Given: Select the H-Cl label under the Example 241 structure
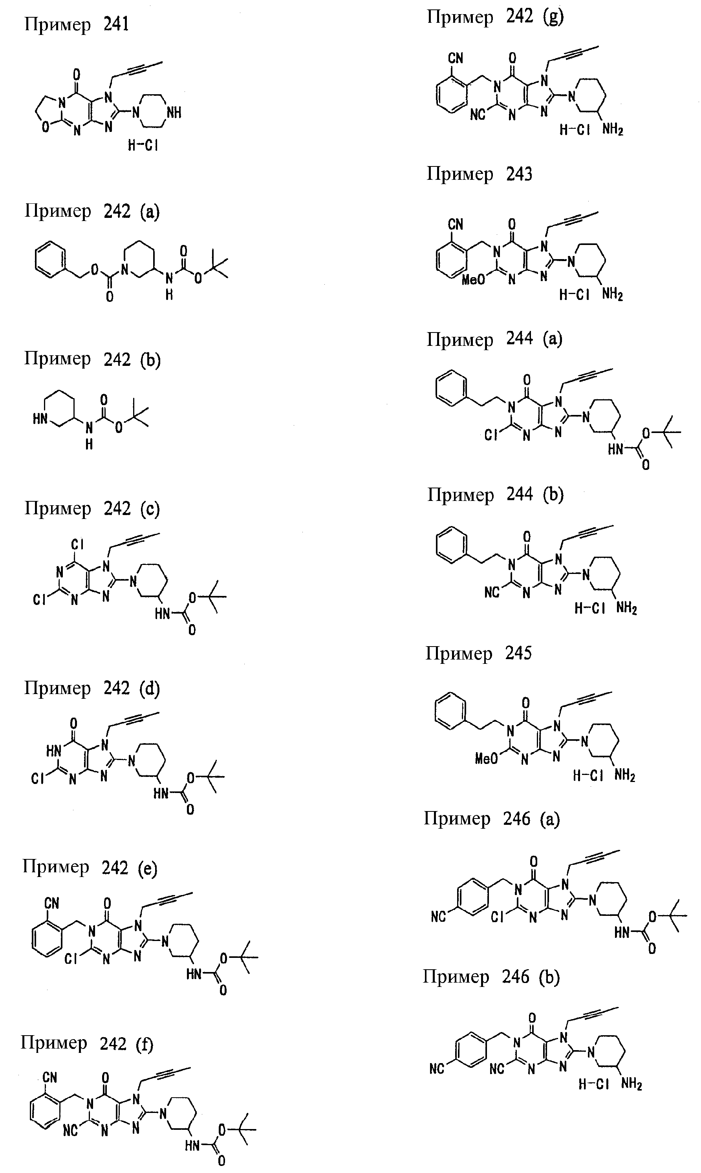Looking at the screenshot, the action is point(143,145).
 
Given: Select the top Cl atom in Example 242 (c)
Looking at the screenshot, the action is point(77,544).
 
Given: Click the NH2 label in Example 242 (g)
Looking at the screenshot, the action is point(613,130).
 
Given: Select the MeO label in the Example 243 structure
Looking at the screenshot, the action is point(473,280).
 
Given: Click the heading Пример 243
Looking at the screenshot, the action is point(479,174).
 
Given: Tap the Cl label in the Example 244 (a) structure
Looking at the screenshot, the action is point(491,435).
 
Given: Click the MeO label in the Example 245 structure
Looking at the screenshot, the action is point(487,758).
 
